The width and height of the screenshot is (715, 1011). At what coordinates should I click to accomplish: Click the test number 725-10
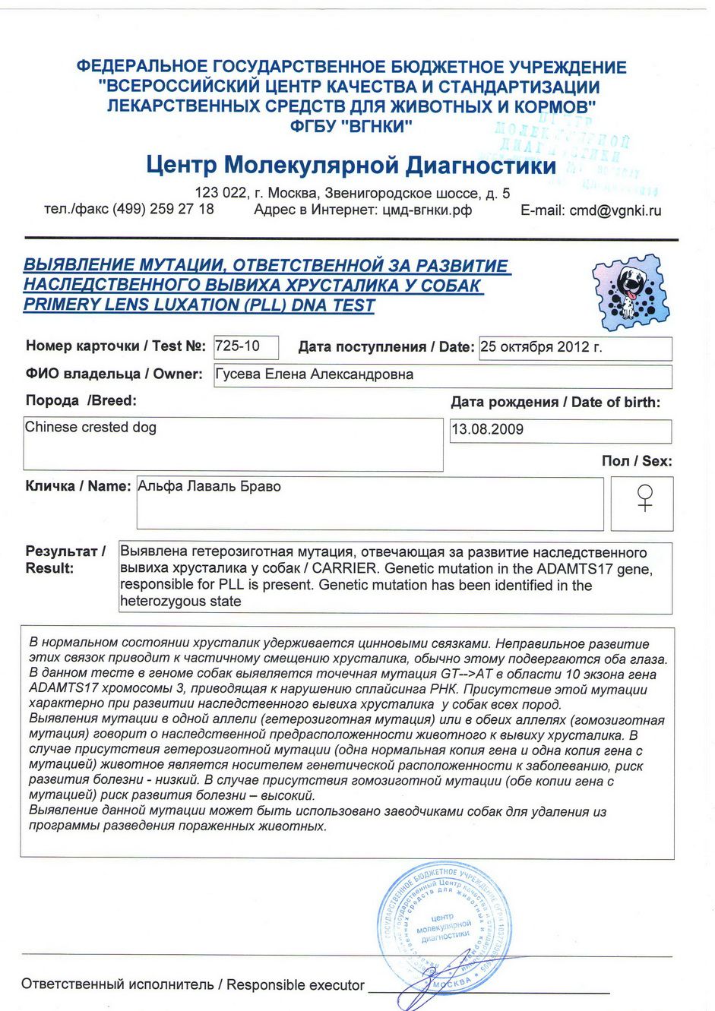(x=238, y=346)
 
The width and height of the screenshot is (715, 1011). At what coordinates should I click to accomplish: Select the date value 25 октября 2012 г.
(x=541, y=347)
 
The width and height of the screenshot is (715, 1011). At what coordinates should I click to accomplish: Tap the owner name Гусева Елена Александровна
(x=315, y=374)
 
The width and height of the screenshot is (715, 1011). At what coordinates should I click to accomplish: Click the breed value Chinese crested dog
(x=90, y=428)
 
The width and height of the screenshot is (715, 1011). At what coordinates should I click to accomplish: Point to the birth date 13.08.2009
(x=488, y=430)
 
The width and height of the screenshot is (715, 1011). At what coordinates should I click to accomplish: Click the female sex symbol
(x=644, y=499)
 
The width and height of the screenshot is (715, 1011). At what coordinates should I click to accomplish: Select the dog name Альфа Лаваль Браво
(x=210, y=487)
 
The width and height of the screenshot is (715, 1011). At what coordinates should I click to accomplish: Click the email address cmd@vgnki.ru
(x=615, y=211)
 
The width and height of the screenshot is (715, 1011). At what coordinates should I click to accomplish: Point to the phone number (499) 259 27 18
(x=163, y=209)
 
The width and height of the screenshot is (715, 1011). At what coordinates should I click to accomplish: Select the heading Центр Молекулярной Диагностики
(x=351, y=165)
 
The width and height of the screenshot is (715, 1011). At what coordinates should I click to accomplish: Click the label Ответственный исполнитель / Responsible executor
(x=193, y=985)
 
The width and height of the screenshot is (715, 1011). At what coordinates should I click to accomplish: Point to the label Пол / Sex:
(x=637, y=461)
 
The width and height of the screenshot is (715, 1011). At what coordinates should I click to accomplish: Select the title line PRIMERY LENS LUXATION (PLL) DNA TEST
(x=199, y=305)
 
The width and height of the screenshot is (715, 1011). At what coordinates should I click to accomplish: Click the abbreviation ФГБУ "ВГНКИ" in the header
(x=350, y=127)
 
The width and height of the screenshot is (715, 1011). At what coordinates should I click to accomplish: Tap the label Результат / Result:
(x=65, y=560)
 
